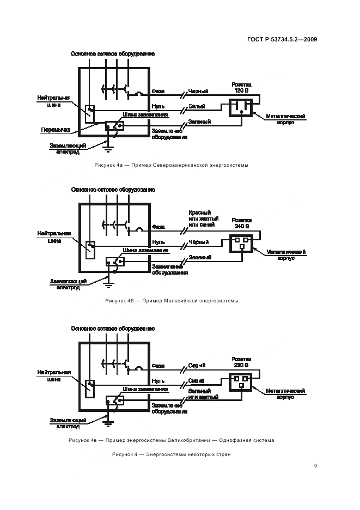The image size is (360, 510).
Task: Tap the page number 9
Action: coord(315,466)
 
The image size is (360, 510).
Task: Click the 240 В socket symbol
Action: coord(241,242)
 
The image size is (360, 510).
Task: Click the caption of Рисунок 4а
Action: coord(163,166)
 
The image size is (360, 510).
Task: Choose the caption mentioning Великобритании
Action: coord(172,440)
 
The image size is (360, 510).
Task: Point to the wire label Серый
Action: coord(196,366)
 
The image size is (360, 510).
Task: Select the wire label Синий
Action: coord(197,381)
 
